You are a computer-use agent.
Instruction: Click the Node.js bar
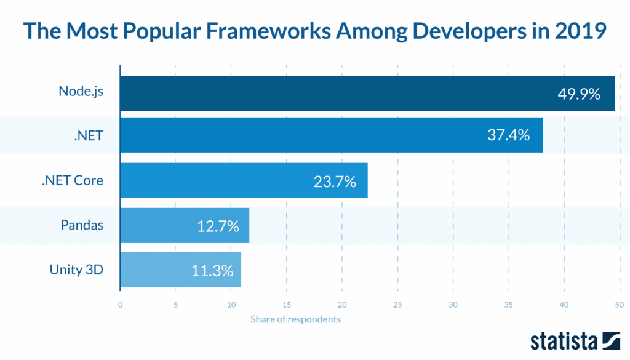pos(367,94)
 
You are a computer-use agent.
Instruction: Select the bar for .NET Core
pos(244,181)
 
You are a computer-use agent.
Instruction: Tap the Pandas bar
pos(185,226)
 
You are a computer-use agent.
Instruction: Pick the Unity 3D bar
pos(180,270)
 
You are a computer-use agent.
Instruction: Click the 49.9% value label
pos(578,94)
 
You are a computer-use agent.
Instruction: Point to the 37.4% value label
pos(508,135)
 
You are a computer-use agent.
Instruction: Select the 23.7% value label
pos(335,182)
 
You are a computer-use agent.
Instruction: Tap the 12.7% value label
pos(218,226)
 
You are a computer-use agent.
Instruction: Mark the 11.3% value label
pos(212,270)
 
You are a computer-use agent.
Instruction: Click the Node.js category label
pos(81,91)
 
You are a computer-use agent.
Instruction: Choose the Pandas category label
pos(82,225)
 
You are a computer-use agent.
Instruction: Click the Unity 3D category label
pos(76,269)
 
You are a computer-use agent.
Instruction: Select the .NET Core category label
pos(72,180)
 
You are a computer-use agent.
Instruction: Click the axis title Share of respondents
pos(295,319)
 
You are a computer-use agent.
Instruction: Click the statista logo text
pos(564,342)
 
